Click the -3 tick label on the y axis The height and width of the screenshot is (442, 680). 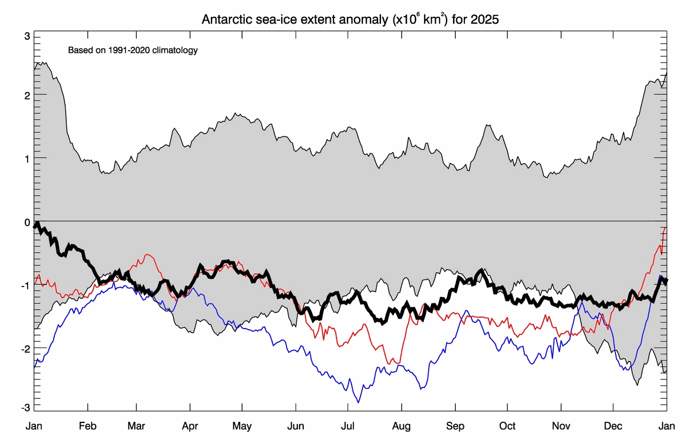click(25, 407)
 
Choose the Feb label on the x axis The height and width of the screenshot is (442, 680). click(88, 426)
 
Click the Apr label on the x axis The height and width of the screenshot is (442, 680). click(190, 426)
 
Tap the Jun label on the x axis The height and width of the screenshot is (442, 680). click(296, 426)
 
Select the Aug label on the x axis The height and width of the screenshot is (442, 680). click(402, 426)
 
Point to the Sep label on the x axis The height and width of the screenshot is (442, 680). click(455, 426)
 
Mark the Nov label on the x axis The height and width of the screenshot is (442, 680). click(561, 426)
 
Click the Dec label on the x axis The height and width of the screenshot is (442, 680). click(613, 426)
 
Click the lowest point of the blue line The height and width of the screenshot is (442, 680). click(358, 402)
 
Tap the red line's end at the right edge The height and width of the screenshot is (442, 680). click(666, 228)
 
